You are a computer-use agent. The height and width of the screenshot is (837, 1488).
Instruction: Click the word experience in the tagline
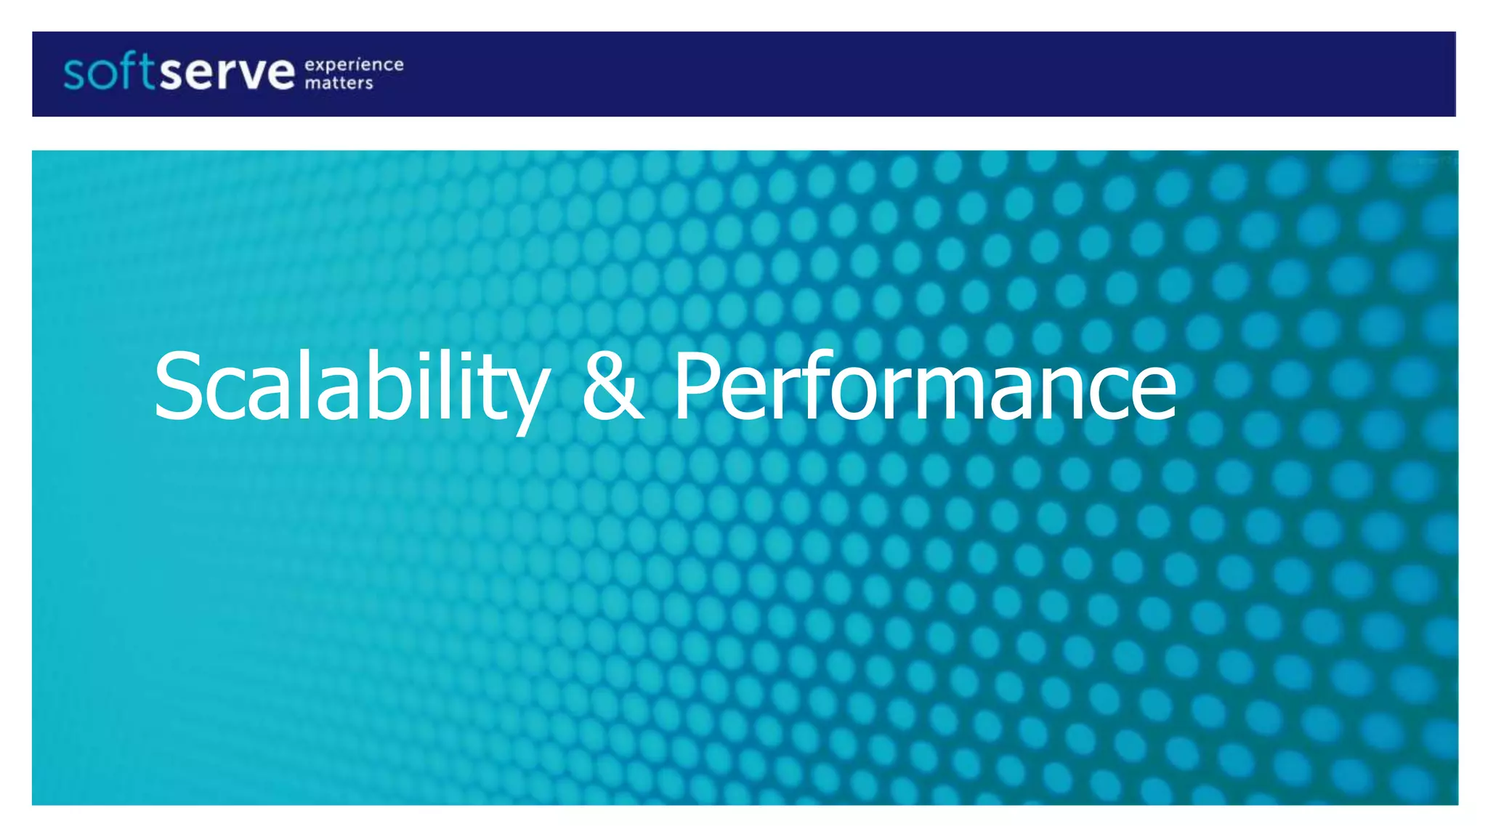(354, 65)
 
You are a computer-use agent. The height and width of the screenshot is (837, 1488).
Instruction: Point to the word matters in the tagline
(339, 84)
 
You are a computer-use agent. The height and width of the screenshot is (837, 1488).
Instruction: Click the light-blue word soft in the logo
(109, 73)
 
